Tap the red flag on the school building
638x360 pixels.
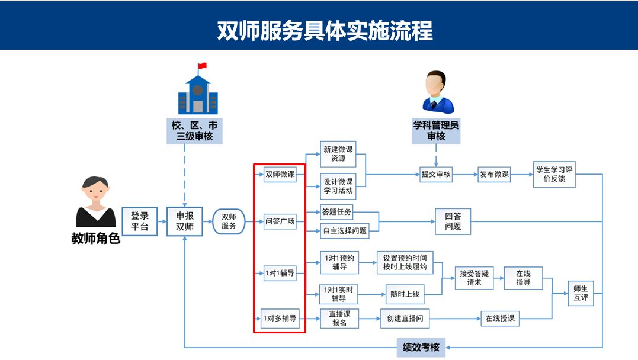[x=203, y=65]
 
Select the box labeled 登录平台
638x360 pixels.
[x=139, y=221]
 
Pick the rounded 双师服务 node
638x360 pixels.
[x=229, y=221]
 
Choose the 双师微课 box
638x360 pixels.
[x=280, y=174]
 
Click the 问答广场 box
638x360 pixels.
[x=280, y=221]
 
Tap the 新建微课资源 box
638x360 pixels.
[x=338, y=155]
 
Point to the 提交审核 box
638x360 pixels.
[x=436, y=174]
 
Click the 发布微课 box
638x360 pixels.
[x=494, y=174]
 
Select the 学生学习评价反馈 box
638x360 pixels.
[x=554, y=174]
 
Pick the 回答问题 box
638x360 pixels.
[x=453, y=221]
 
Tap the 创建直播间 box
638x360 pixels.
[x=405, y=319]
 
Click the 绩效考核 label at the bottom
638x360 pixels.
[x=421, y=347]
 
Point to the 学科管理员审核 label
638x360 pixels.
[x=436, y=130]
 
